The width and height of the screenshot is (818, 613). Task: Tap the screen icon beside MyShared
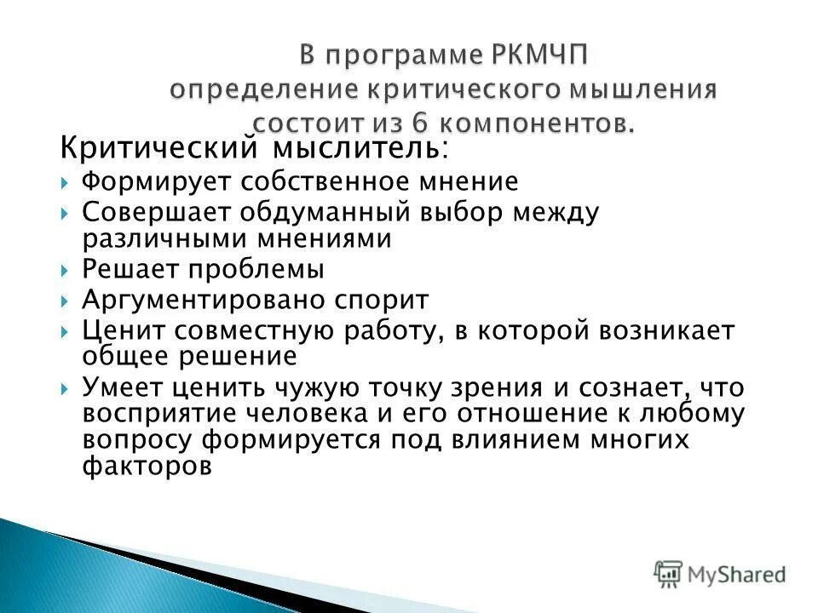pos(669,573)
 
